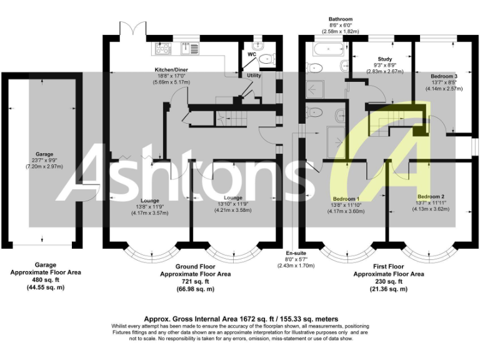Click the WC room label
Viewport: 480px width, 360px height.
(252, 54)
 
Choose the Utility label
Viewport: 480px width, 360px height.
(253, 75)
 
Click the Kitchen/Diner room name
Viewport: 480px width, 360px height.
(172, 69)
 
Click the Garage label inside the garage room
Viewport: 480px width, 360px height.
(44, 154)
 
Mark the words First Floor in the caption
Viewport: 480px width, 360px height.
(389, 266)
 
